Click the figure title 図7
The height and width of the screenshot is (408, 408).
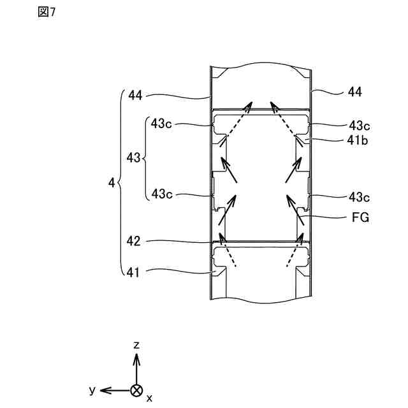(47, 13)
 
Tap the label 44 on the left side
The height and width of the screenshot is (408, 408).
(135, 96)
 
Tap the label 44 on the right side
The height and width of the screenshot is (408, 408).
(355, 92)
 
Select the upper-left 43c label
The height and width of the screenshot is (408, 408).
(162, 124)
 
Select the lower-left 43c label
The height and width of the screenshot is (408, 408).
(162, 194)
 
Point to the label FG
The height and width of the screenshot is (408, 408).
(360, 217)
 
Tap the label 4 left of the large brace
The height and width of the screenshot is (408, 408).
(112, 183)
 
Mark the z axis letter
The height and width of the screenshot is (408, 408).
(136, 345)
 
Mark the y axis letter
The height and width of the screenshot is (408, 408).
(92, 389)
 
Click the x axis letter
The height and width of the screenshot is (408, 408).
(149, 398)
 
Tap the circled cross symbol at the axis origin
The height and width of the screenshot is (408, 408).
(136, 390)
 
